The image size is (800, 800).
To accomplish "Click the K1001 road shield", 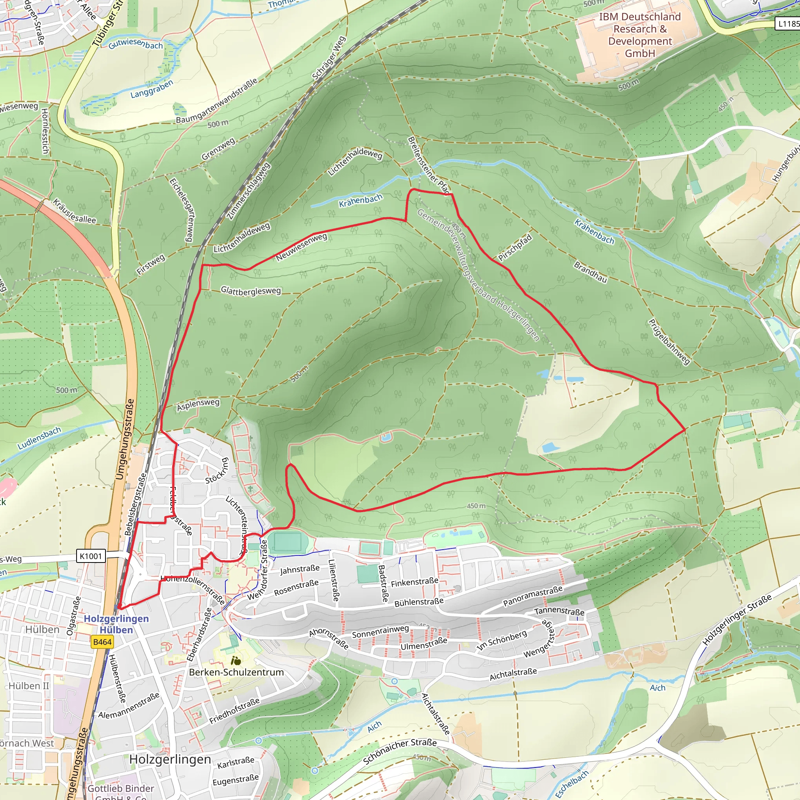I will pos(91,556).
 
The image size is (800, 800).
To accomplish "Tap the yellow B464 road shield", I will pos(102,642).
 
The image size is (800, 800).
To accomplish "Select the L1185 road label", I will pos(787,23).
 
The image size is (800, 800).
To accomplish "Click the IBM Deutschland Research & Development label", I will pos(640,35).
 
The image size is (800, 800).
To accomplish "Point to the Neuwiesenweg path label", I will pos(302,247).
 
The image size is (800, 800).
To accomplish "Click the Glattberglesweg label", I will pos(250,291).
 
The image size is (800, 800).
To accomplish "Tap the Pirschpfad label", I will pos(515,248).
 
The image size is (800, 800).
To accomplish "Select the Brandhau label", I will pos(591,272).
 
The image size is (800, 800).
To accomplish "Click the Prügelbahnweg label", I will pos(669,342).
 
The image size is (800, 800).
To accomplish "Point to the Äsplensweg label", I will pos(198,405).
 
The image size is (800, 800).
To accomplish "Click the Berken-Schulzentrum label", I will pos(236,672).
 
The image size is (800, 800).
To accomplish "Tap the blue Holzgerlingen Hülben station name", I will pos(116,624).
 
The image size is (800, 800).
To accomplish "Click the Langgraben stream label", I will pos(152,89).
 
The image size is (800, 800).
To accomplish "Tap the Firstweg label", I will pos(151,264).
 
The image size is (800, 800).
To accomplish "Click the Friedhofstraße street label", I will pos(234,711).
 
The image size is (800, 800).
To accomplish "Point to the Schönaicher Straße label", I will pos(400,752).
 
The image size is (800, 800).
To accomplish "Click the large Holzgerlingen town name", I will pos(170,759).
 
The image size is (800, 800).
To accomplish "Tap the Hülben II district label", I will pos(29,686).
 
